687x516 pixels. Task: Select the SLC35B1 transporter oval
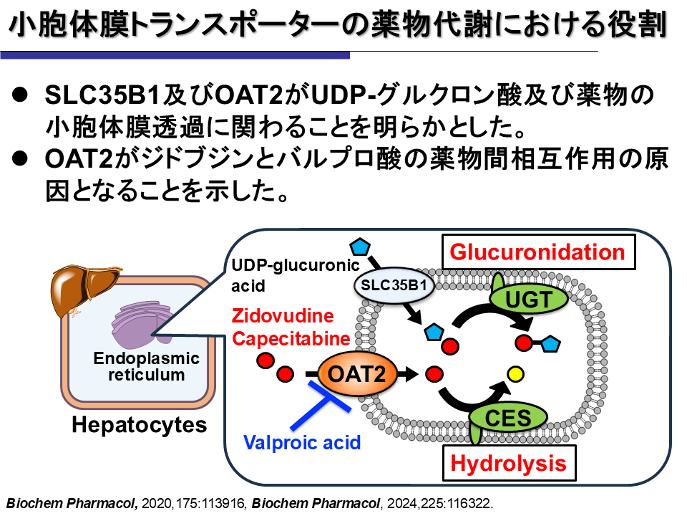tap(394, 285)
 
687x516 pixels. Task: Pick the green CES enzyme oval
tap(508, 418)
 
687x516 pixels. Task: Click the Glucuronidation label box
tap(537, 252)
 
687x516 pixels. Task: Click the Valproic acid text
tap(302, 442)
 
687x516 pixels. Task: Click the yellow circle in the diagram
tap(515, 373)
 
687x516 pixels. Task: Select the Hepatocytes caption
tap(139, 425)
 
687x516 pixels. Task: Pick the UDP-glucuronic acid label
tap(294, 275)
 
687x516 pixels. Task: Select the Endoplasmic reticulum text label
tap(147, 366)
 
